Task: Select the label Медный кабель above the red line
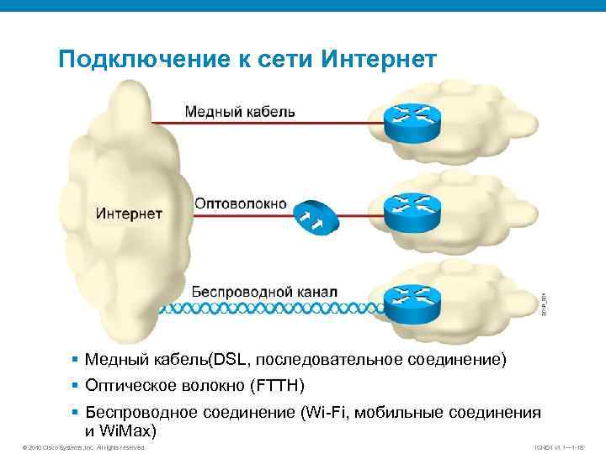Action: pos(240,111)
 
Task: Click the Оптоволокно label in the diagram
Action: pos(241,204)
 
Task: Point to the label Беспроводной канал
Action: pos(265,291)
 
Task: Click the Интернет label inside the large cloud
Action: pos(129,214)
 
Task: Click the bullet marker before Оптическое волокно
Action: pos(77,386)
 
